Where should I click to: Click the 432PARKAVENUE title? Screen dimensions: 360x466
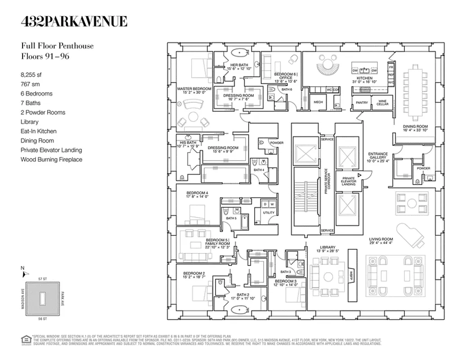[x=74, y=21]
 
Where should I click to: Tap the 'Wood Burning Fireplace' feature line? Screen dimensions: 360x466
[x=51, y=160]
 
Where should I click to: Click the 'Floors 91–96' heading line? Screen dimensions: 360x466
[x=45, y=56]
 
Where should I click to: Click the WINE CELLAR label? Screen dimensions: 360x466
[x=382, y=103]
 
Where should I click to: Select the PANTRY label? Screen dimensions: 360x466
[x=362, y=103]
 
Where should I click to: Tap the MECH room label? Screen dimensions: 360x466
[x=318, y=103]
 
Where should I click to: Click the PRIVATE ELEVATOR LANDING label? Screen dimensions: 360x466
[x=348, y=181]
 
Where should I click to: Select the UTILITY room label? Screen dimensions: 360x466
[x=269, y=212]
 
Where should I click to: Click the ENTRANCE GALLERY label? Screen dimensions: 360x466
[x=378, y=156]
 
